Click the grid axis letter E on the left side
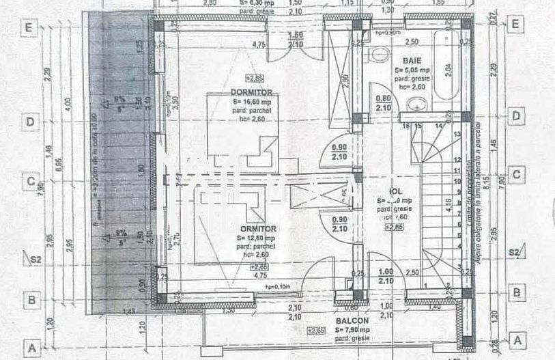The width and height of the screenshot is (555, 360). coord(29,28)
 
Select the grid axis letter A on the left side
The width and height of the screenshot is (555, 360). coord(30,346)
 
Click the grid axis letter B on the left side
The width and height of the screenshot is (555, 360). coord(29,299)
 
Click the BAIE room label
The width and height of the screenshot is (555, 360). coord(412,60)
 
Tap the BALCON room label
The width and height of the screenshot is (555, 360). coord(352,320)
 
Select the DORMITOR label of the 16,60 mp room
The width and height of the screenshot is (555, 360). coord(252,92)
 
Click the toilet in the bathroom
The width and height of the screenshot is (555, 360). coord(377,54)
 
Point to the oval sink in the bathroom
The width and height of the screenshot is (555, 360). coord(416,105)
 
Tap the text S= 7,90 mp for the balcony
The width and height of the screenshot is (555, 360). coord(352,330)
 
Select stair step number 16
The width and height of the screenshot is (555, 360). coord(406,126)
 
